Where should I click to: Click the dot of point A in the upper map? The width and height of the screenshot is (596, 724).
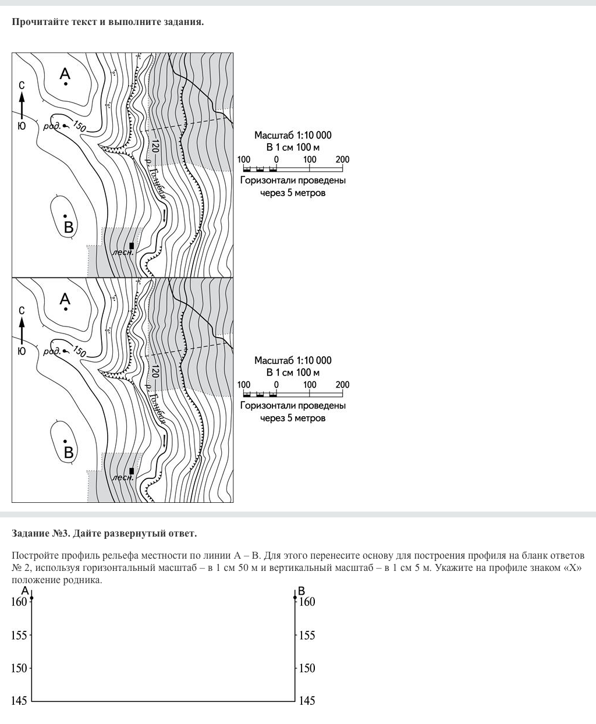pos(66,84)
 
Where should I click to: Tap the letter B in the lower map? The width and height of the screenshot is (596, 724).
pos(69,452)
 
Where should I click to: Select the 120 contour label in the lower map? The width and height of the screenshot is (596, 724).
pos(155,372)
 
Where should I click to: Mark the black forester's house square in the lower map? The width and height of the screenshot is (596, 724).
pos(132,471)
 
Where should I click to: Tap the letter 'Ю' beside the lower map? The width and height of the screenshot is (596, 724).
pos(22,351)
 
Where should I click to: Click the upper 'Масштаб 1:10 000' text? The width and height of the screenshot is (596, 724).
pos(293,135)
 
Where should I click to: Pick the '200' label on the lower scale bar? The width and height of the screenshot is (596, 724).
pos(342,385)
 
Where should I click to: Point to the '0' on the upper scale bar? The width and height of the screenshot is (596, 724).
pos(276,159)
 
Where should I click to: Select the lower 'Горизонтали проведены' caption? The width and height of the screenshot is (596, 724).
pos(293,406)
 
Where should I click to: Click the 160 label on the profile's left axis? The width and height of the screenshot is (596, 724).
pos(19,602)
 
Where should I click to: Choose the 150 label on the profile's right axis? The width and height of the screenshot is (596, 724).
pos(307,668)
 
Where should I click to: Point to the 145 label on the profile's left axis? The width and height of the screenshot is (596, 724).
pos(19,701)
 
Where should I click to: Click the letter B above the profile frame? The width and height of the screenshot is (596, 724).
pos(301,592)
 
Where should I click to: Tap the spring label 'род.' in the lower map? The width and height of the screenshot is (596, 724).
pos(52,352)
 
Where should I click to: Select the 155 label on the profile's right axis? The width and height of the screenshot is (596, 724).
pos(307,635)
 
